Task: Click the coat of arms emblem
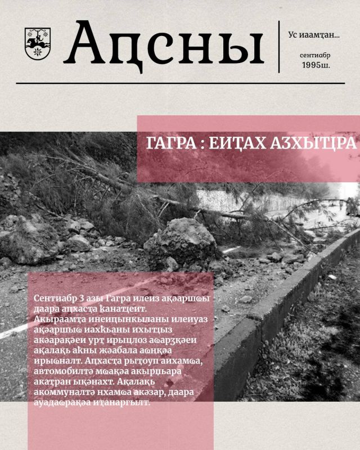click(x=38, y=44)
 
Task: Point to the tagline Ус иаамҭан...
click(x=313, y=35)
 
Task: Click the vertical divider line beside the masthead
click(x=280, y=47)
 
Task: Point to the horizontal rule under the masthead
click(x=180, y=83)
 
